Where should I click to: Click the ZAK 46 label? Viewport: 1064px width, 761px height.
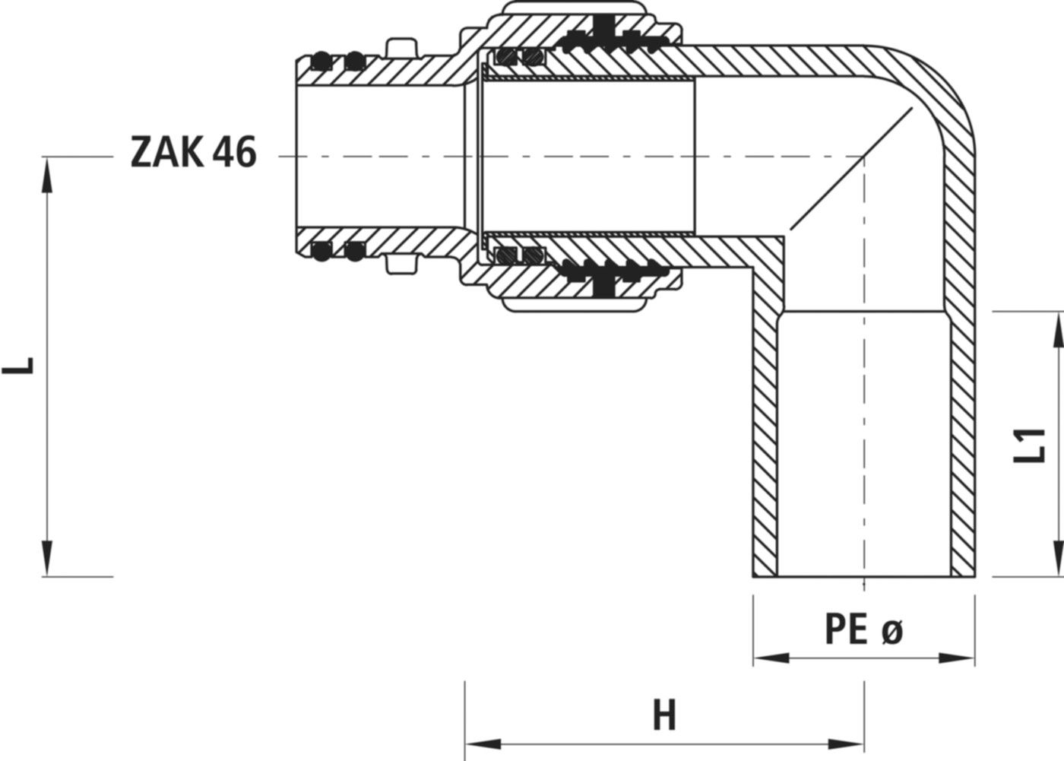point(194,154)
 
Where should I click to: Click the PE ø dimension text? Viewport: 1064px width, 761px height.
point(863,630)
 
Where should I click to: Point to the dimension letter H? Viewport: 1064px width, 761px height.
point(664,716)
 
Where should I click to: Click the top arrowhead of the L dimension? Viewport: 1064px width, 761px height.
point(47,172)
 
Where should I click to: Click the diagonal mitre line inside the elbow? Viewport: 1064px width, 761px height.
point(850,168)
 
